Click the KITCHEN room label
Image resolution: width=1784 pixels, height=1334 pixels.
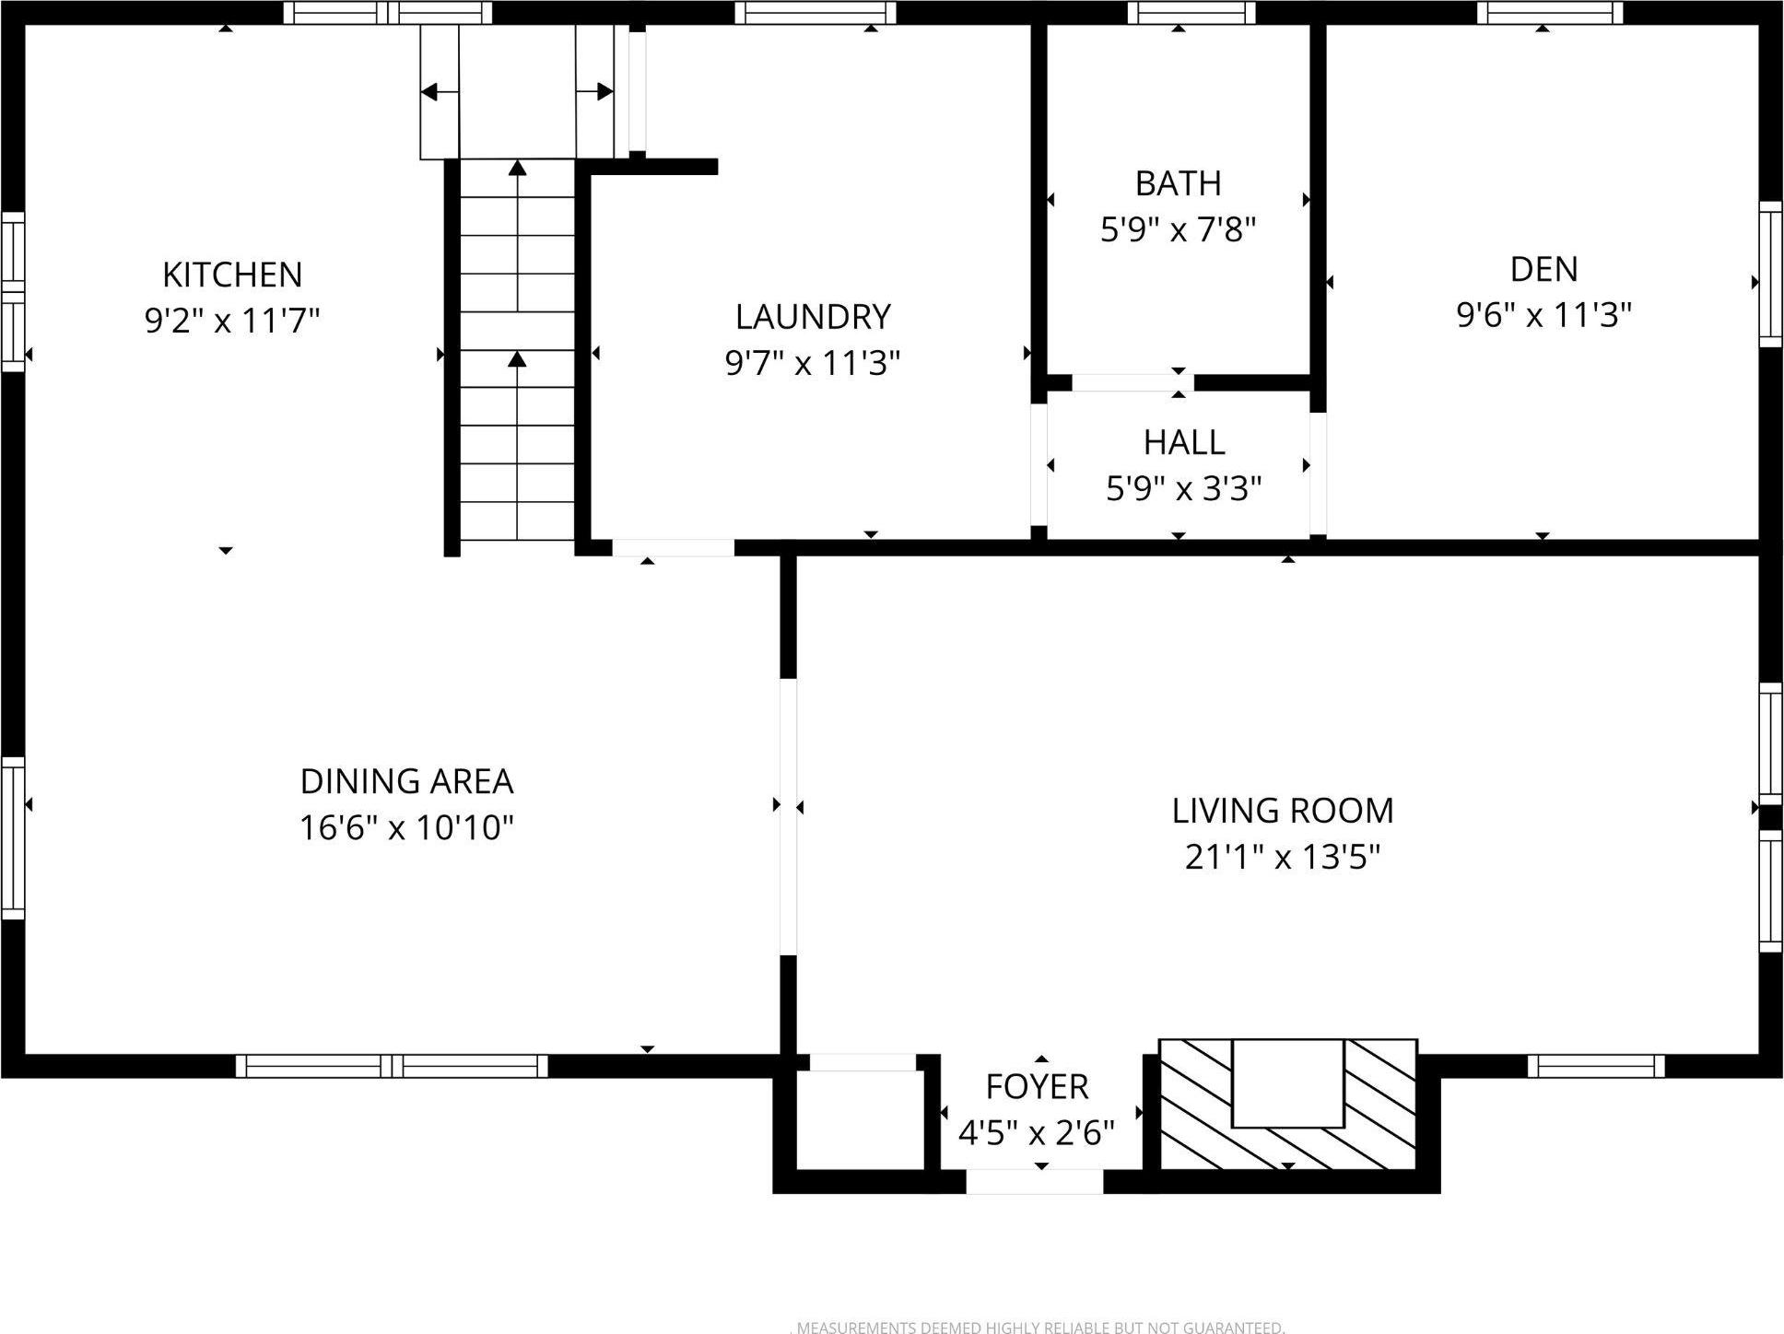(x=232, y=275)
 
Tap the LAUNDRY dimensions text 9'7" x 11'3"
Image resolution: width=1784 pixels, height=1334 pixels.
(x=812, y=364)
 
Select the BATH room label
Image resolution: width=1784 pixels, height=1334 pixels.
(x=1178, y=183)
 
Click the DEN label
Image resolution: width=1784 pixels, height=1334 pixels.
(x=1543, y=269)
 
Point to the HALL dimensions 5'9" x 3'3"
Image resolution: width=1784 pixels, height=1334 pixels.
(x=1183, y=489)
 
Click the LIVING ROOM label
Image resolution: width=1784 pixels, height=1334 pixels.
(x=1283, y=811)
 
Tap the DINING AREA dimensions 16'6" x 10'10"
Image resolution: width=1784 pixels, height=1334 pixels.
(x=406, y=828)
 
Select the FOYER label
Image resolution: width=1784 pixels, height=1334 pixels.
(x=1037, y=1087)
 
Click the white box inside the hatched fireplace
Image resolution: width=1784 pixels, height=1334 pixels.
(x=1287, y=1082)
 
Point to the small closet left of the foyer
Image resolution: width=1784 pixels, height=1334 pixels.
(x=859, y=1119)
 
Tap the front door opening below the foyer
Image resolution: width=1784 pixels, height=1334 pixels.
(x=1034, y=1181)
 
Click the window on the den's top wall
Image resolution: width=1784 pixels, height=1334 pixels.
(x=1549, y=13)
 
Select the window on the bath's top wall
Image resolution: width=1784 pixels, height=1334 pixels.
(x=1191, y=13)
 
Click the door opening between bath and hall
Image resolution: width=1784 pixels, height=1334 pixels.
(x=1132, y=383)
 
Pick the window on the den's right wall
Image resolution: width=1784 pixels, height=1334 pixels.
(x=1770, y=275)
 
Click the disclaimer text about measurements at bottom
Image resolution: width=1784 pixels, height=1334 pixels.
(x=1039, y=1328)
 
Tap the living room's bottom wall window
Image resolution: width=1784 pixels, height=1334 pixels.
(x=1595, y=1066)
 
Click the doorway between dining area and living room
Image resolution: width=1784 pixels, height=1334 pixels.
(x=788, y=816)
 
